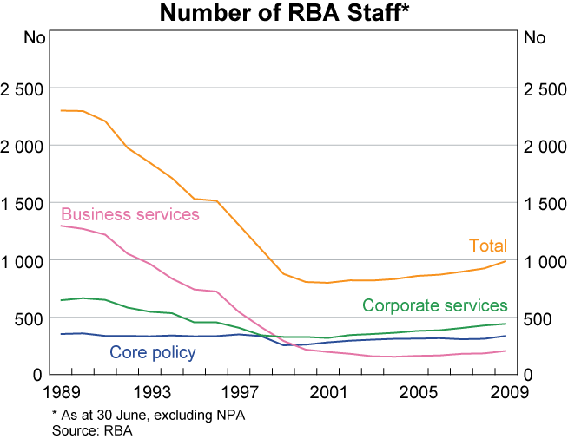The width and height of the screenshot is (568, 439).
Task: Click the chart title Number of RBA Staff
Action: (284, 14)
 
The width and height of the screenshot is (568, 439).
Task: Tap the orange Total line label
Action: (488, 246)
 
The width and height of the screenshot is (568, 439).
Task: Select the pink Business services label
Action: (130, 214)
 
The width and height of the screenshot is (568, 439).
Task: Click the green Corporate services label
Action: (434, 305)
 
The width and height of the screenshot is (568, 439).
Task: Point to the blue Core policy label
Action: (152, 352)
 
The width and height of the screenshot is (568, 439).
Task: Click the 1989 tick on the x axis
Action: (60, 390)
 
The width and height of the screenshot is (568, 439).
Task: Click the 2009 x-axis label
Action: (505, 390)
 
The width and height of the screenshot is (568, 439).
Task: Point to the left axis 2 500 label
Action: (23, 89)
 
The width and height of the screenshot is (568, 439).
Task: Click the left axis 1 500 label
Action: (23, 203)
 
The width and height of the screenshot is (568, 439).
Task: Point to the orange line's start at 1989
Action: (61, 110)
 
